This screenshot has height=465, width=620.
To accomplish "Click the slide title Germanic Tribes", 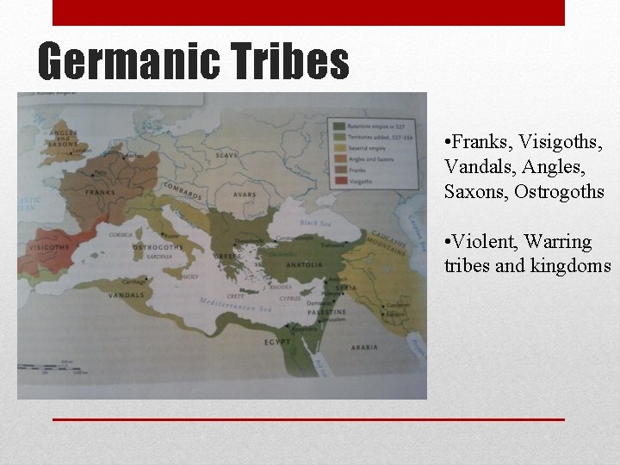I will click(194, 62).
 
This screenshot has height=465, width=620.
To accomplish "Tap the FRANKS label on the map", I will click(100, 192).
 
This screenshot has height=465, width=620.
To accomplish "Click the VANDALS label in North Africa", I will click(127, 295).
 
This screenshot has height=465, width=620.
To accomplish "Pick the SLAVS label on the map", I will click(227, 155).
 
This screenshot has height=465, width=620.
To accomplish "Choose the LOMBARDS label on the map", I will click(182, 190).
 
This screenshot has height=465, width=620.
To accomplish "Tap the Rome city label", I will click(171, 236).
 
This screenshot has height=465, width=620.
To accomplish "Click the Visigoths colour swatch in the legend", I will click(338, 182).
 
